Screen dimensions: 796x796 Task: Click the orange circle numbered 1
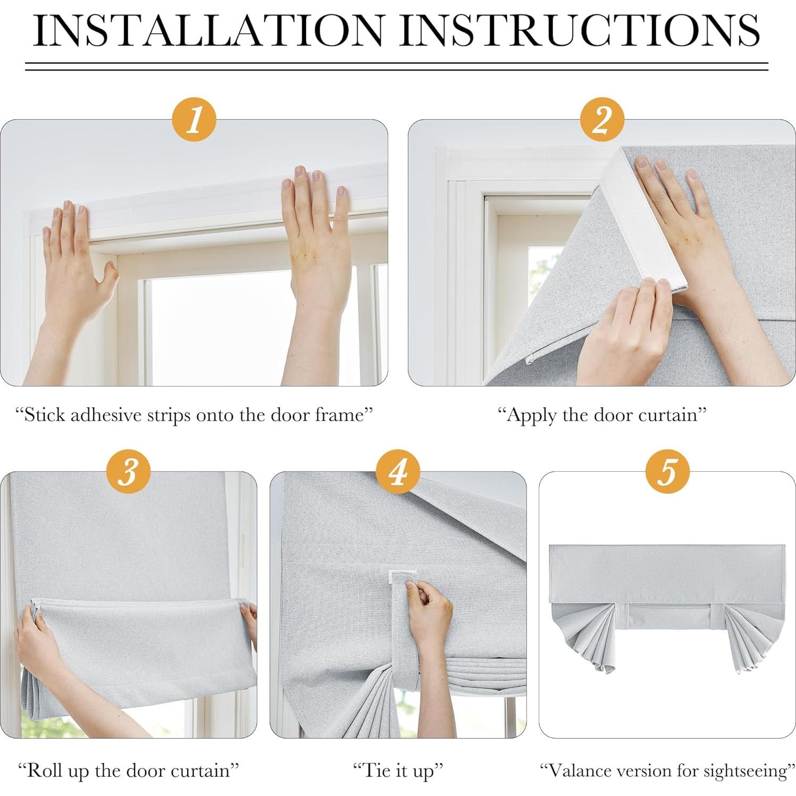click(x=194, y=119)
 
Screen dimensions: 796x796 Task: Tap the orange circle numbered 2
click(x=602, y=119)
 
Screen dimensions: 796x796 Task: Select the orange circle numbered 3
click(x=128, y=471)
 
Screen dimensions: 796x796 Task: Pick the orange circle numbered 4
click(x=398, y=471)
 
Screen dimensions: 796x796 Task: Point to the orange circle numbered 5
click(x=668, y=471)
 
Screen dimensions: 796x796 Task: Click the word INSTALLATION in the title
click(x=208, y=30)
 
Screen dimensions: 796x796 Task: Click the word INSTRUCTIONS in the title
click(x=580, y=30)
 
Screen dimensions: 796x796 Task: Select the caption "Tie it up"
click(x=398, y=770)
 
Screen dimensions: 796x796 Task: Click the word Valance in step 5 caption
click(x=574, y=770)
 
